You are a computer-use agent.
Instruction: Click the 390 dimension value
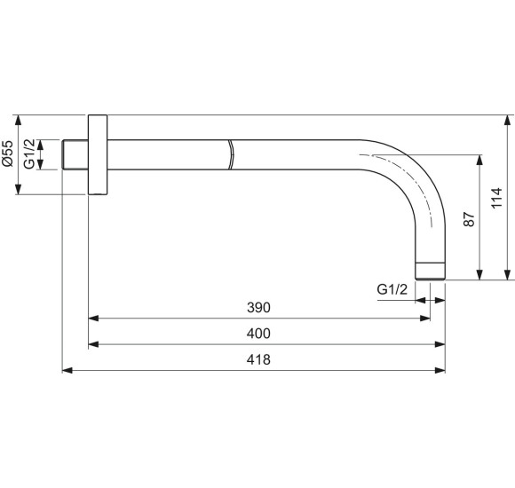point(257,307)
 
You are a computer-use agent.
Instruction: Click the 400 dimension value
point(257,334)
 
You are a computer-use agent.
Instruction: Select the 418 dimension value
point(257,360)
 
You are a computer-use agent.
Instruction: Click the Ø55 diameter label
point(7,154)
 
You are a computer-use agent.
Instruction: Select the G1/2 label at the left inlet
point(30,154)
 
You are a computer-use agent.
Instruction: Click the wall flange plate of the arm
point(97,155)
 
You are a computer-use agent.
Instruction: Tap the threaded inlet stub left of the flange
point(75,154)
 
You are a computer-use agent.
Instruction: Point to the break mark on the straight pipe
point(230,154)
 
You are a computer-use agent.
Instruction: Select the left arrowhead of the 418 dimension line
point(67,370)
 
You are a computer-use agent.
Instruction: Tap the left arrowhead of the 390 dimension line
point(93,317)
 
